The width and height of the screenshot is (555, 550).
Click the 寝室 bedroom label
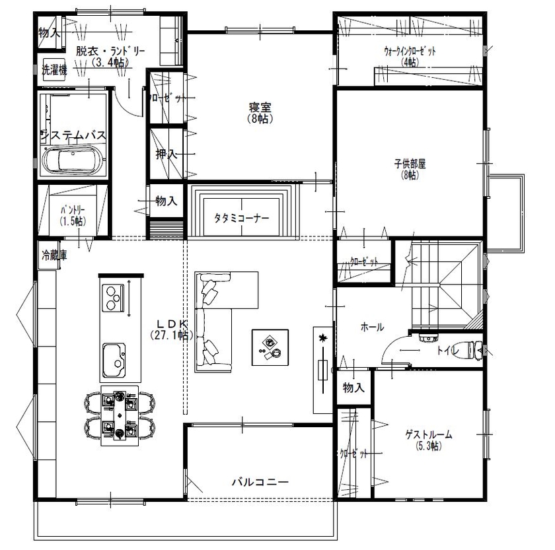point(261,108)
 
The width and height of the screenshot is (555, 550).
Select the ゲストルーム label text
point(428,434)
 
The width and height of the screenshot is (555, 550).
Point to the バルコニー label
point(260,482)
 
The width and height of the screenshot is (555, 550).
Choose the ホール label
point(372,327)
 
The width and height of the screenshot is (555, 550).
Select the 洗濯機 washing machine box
point(54,70)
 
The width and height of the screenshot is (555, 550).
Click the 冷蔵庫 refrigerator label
point(54,255)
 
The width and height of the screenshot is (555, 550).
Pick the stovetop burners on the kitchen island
point(114,297)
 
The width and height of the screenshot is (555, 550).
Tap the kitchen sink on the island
point(114,360)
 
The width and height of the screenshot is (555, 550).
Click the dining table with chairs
point(119,415)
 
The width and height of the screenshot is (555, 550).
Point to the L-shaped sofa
point(218,310)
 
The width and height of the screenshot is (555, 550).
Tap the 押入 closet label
point(166,154)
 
